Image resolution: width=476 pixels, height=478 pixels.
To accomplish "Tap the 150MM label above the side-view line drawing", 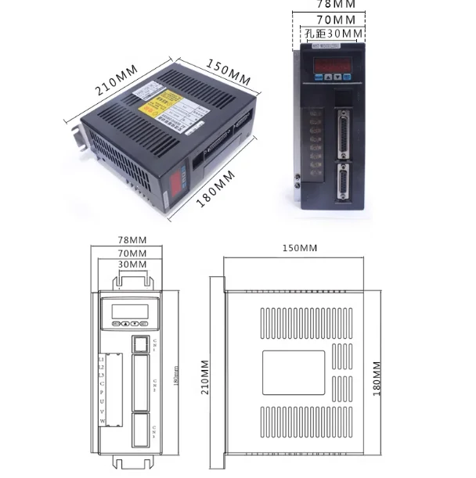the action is point(298,248).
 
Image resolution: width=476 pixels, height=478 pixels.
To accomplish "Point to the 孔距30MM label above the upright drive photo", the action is point(333,34).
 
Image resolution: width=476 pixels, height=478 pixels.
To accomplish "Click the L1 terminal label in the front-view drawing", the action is point(102,358).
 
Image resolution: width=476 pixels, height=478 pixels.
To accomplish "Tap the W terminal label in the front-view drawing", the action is point(102,421).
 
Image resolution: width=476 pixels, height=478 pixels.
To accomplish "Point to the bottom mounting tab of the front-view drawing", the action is point(131,465).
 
